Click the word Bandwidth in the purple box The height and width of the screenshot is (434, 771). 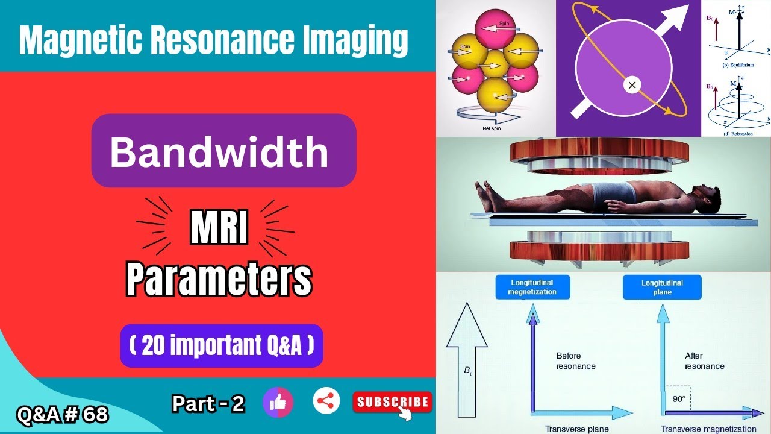click(x=219, y=151)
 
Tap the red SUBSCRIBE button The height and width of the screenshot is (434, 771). click(x=392, y=402)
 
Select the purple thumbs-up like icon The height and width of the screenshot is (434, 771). click(x=278, y=402)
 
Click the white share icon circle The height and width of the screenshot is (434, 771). click(x=326, y=401)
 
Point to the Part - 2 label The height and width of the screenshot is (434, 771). click(x=208, y=403)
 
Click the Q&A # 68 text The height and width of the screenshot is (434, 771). click(x=63, y=415)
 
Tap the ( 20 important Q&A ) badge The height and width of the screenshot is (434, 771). click(x=222, y=346)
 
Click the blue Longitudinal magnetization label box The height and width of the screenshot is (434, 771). click(x=532, y=287)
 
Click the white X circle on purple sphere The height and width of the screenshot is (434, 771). click(x=632, y=85)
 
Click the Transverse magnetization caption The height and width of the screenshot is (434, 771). click(x=708, y=429)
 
